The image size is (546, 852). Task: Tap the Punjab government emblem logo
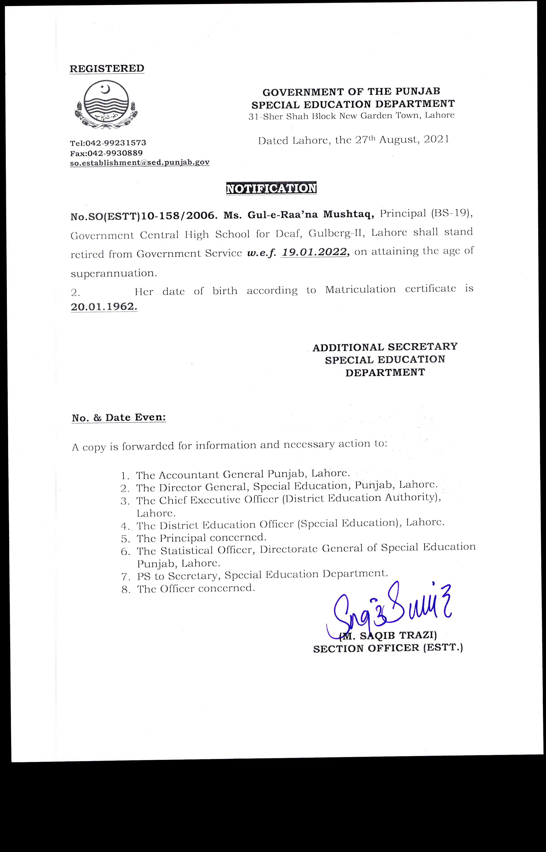(107, 104)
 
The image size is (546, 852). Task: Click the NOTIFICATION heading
(271, 188)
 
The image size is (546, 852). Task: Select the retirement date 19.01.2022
(313, 252)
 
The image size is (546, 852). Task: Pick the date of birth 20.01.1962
(104, 307)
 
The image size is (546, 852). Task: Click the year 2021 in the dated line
(436, 139)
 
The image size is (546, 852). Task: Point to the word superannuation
(113, 273)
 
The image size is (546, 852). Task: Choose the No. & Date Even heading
(119, 418)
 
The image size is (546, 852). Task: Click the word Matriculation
(360, 289)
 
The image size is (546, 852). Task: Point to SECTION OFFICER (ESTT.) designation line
(388, 648)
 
